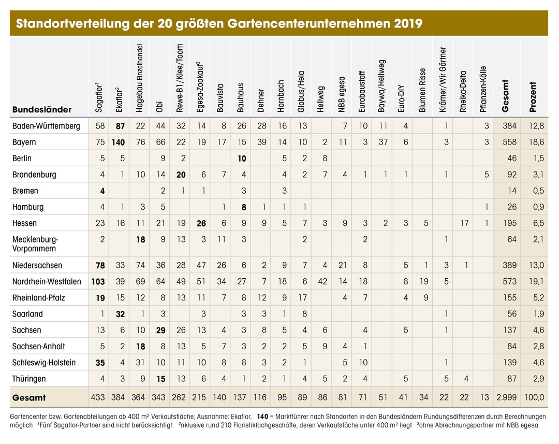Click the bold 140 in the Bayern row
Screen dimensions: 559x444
(118, 142)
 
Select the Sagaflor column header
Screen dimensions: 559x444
(99, 97)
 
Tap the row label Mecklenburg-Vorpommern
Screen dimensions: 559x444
(35, 244)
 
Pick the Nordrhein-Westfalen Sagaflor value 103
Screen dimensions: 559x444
(98, 282)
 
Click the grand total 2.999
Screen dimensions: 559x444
(507, 397)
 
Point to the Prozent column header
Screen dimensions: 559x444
(533, 97)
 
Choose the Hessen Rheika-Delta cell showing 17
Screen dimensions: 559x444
(464, 223)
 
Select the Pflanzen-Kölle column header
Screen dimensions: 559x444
(483, 89)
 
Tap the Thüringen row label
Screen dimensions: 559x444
(29, 379)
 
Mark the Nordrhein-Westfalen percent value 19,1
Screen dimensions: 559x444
(537, 282)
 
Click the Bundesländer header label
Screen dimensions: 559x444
(42, 109)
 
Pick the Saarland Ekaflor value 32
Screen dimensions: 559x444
(120, 314)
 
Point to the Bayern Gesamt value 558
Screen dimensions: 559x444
(509, 142)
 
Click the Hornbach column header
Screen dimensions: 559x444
(281, 96)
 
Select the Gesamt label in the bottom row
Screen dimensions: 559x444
(29, 397)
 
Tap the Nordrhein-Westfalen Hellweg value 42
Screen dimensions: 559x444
(322, 282)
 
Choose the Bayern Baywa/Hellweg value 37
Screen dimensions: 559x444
(383, 142)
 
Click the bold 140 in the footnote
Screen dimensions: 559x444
(262, 417)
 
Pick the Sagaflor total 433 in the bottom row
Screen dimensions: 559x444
(98, 397)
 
